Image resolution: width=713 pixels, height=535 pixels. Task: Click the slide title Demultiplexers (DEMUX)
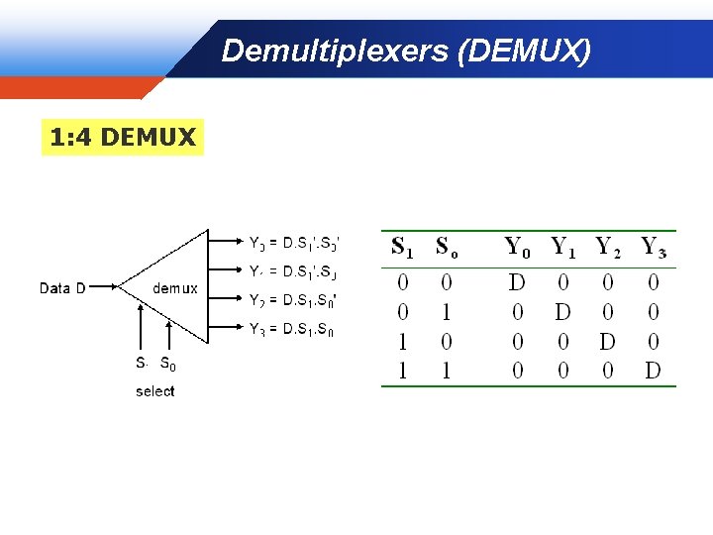(406, 50)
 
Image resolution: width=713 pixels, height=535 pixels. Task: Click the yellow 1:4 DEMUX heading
(123, 138)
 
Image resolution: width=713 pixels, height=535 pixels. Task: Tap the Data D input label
(62, 288)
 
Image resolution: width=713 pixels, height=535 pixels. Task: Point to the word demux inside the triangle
(175, 288)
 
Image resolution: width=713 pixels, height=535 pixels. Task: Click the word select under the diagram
(154, 391)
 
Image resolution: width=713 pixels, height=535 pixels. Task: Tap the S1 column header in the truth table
(402, 247)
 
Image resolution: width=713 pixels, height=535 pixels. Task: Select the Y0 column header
(517, 247)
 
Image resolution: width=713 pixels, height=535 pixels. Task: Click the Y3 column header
(654, 247)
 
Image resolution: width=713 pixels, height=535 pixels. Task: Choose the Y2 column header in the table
(608, 247)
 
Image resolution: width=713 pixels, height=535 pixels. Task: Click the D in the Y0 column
(517, 283)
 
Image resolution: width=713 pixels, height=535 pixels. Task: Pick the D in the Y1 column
(562, 313)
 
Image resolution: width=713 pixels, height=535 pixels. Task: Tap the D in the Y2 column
(608, 343)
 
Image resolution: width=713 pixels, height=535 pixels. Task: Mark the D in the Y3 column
(653, 373)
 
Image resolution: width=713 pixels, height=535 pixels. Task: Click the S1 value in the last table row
(402, 373)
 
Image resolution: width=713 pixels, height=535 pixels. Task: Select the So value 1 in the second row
(447, 313)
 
